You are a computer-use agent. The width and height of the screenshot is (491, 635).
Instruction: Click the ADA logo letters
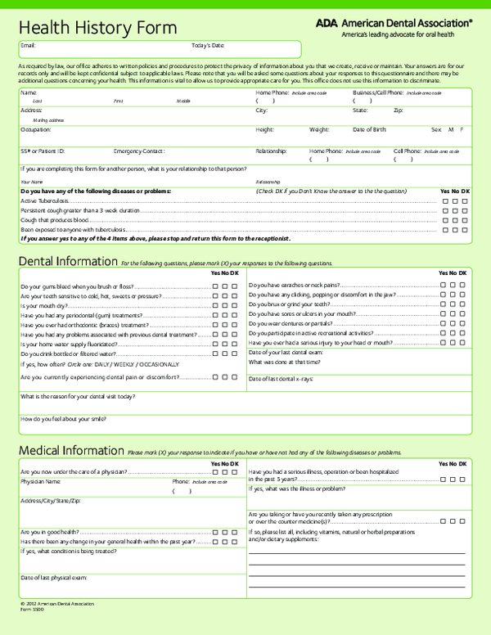tap(327, 24)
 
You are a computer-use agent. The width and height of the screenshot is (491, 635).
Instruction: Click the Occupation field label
tap(36, 129)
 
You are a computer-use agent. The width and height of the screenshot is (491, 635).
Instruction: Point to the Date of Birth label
tap(370, 129)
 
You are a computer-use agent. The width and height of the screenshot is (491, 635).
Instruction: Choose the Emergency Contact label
tap(139, 151)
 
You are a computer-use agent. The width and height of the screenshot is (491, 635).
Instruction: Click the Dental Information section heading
tap(67, 262)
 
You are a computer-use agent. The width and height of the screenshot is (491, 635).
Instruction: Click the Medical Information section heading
tap(70, 451)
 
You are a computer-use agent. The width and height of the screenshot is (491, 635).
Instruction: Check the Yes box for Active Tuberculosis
tap(444, 200)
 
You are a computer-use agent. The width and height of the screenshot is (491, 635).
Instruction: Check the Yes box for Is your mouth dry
tap(215, 305)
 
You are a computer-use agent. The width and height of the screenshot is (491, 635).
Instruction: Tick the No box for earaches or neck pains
tap(452, 285)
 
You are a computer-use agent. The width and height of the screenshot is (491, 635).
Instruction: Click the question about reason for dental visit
tap(78, 396)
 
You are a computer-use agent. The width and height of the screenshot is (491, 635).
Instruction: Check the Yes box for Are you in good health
tap(215, 532)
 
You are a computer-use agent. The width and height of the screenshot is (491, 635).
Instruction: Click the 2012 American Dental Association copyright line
tap(56, 604)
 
